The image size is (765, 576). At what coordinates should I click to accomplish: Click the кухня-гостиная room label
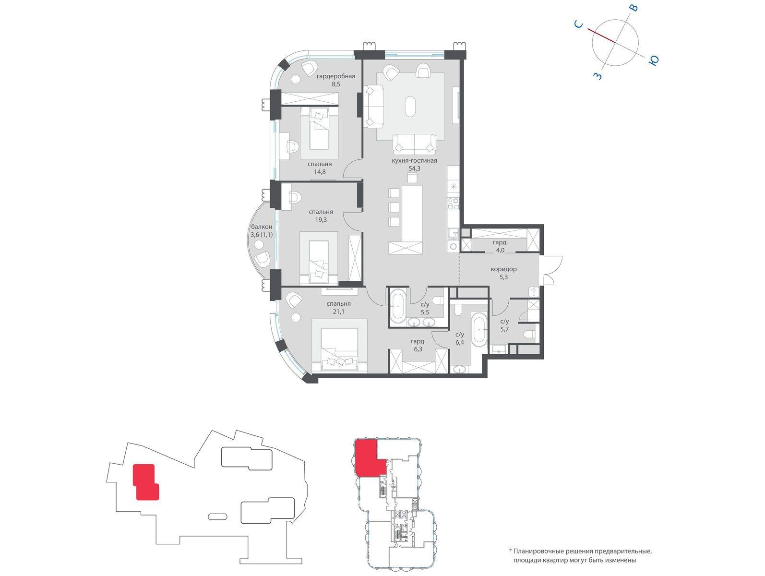point(414,161)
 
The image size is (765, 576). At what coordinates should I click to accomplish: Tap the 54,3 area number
point(414,168)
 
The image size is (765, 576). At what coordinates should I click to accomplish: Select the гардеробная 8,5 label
point(336,80)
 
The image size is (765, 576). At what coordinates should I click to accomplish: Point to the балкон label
point(262,227)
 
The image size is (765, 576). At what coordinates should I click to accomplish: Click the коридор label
point(503,269)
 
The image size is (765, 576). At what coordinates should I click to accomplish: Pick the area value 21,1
point(338,312)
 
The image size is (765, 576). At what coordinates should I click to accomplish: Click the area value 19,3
point(321,220)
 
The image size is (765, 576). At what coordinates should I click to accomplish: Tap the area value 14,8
point(320,172)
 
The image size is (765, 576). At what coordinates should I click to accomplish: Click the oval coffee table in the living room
point(410,107)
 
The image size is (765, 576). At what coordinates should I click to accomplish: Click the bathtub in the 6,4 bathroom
point(479,329)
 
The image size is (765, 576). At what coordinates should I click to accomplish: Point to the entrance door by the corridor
point(550,270)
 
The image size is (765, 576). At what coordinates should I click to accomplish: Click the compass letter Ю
point(654,60)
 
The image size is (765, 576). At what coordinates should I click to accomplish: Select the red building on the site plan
point(146,482)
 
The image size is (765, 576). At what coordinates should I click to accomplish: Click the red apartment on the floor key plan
point(370,457)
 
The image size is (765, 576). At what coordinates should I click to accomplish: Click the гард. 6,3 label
point(418,345)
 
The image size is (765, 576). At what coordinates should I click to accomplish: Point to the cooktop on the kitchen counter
point(454,204)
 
